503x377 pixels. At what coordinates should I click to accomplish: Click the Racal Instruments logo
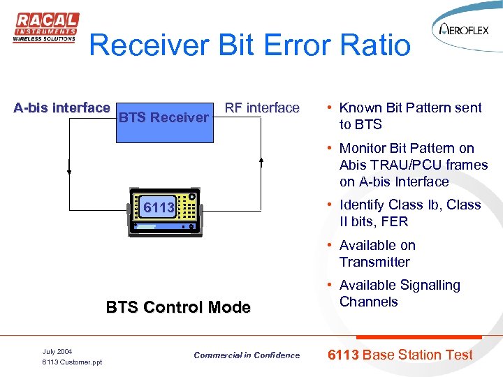click(45, 29)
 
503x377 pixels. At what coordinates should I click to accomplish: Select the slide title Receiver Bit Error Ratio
click(249, 45)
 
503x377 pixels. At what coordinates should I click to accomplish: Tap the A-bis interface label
click(62, 108)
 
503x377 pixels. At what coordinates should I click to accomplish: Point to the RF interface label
click(261, 108)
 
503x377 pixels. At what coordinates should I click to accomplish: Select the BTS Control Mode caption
click(177, 307)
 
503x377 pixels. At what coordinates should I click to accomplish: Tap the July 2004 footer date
click(57, 351)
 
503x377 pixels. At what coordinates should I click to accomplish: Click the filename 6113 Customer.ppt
click(72, 362)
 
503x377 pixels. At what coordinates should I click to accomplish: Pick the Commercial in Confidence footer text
click(247, 355)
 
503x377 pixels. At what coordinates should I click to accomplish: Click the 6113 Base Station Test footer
click(400, 355)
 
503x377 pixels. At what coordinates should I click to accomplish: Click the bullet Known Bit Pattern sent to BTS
click(409, 116)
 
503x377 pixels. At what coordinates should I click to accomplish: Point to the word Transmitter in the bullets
click(374, 262)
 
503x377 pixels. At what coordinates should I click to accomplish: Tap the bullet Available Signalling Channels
click(399, 293)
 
